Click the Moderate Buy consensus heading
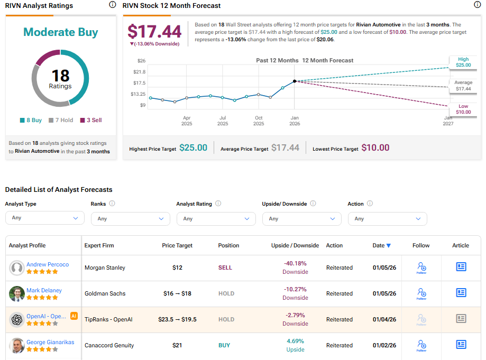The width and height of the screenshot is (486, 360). [x=61, y=32]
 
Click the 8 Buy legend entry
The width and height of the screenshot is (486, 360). [x=31, y=120]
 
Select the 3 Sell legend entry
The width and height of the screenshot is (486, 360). [x=90, y=120]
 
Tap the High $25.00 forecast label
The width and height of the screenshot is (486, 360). [x=463, y=62]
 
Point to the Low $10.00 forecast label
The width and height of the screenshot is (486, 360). [x=463, y=109]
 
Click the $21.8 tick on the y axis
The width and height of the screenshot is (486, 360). [x=139, y=72]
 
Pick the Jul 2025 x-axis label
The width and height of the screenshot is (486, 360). [x=223, y=121]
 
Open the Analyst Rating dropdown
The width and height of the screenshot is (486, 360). [x=216, y=218]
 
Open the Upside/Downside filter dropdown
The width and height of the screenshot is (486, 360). [x=301, y=218]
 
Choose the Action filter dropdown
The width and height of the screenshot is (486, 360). [x=387, y=218]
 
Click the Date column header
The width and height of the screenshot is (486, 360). [x=381, y=245]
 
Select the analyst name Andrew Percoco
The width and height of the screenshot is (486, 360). [x=48, y=264]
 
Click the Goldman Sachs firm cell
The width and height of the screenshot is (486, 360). [x=105, y=293]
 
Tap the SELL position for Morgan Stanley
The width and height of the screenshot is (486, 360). [x=225, y=267]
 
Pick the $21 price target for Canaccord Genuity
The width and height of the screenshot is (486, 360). [x=177, y=345]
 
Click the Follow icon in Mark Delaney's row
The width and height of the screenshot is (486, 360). [x=421, y=293]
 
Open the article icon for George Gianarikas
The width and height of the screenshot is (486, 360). [x=461, y=345]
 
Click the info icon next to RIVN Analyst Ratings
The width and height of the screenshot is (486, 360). [x=112, y=5]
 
